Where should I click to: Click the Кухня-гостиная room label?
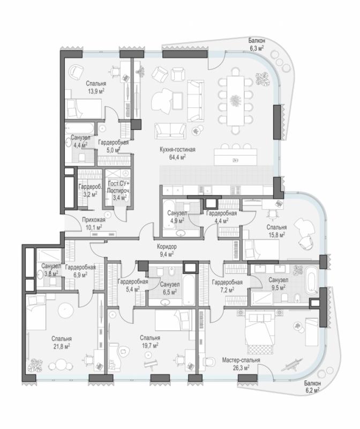pos(177,150)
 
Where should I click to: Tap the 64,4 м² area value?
pos(177,157)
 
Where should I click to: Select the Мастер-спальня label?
pos(241,360)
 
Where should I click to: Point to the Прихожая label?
pos(94,219)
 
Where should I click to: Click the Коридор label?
pos(167,246)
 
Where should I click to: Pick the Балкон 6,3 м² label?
pos(257,45)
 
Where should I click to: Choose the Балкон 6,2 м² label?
pos(312,387)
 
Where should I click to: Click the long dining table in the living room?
pos(235,100)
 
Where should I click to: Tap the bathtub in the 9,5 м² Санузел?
pos(312,281)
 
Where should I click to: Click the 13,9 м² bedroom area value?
pos(95,91)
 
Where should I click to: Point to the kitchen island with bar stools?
pos(235,157)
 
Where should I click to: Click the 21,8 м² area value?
pos(61,346)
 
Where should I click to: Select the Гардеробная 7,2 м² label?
pos(227,286)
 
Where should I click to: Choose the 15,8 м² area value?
pos(276,234)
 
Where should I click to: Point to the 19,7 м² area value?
pos(150,345)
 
